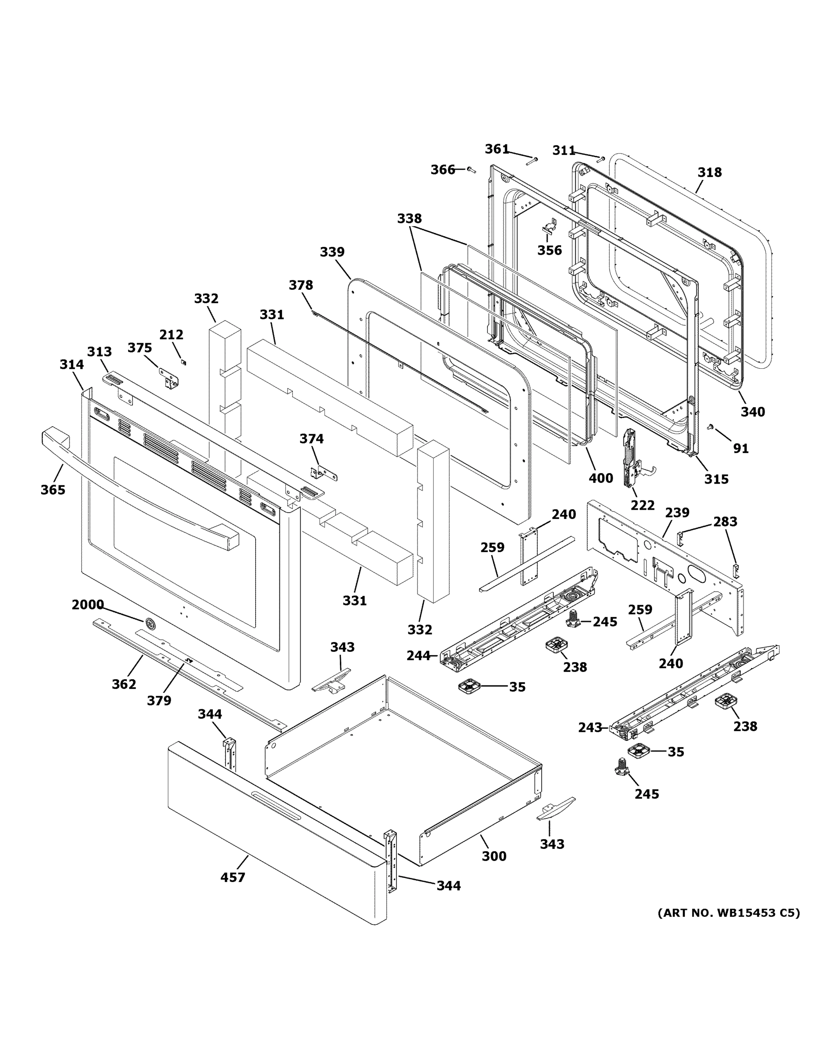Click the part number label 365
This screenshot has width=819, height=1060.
coord(53,490)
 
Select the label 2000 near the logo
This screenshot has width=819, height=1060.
coord(88,605)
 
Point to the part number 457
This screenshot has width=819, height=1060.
coord(233,878)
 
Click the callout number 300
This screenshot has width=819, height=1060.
coord(494,856)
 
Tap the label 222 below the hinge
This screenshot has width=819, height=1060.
coord(642,505)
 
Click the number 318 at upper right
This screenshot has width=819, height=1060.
coord(710,172)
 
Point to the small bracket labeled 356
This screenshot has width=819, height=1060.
coord(549,226)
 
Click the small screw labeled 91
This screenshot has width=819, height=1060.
coord(711,427)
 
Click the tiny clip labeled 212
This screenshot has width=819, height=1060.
coord(183,362)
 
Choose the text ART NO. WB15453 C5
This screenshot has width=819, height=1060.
coord(728,913)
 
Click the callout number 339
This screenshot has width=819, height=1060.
coord(332,252)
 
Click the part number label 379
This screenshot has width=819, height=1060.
coord(159,700)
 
